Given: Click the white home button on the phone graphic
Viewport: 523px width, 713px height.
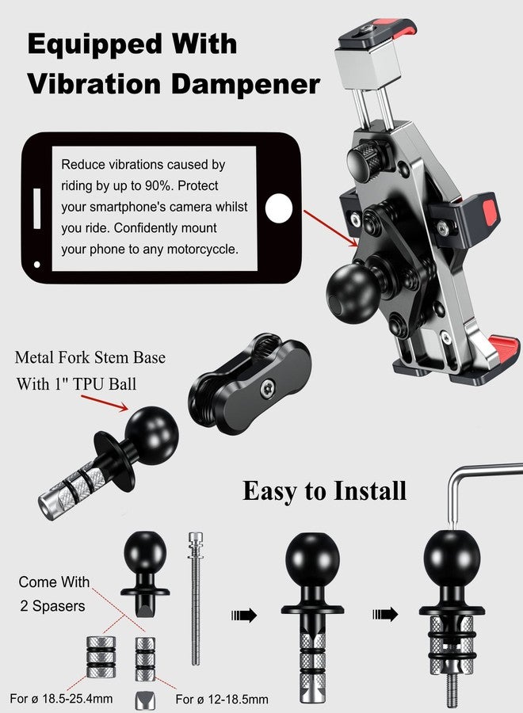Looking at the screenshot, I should pos(278,209).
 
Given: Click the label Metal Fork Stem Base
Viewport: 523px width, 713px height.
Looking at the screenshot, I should pos(90,358).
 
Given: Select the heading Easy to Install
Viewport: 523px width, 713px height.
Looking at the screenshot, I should pos(324,490).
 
